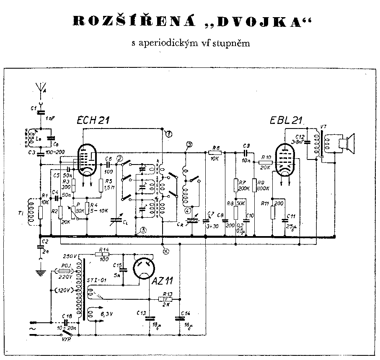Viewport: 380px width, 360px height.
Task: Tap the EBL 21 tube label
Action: click(287, 121)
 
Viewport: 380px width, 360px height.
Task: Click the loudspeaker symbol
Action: click(347, 144)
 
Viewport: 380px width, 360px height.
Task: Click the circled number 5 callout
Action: click(144, 230)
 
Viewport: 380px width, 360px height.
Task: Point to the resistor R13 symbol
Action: click(165, 299)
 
